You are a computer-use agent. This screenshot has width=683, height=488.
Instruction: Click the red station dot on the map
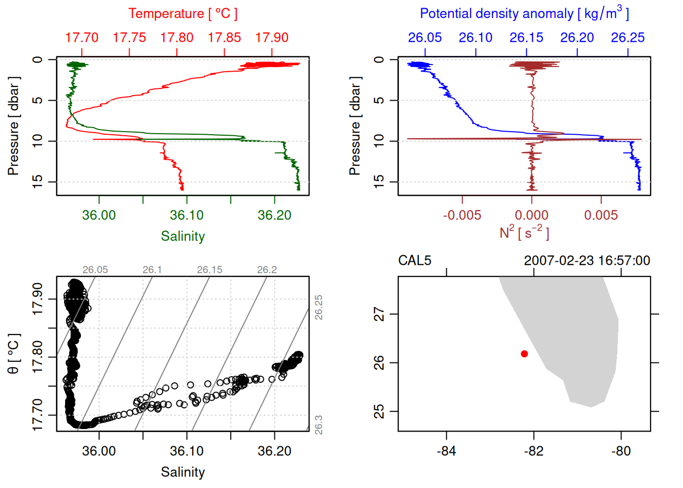[524, 354]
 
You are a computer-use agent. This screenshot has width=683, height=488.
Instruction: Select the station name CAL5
[415, 261]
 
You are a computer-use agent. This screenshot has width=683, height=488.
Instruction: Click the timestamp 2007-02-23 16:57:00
[587, 261]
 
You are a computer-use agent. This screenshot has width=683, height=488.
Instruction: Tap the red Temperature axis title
[183, 14]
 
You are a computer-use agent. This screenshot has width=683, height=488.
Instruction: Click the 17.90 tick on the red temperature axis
[272, 38]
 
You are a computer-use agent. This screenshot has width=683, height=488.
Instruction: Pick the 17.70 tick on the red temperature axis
[82, 38]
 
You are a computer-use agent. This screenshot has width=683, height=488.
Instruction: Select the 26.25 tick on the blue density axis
[628, 38]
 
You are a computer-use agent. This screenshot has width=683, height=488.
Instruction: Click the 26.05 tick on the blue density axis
[425, 38]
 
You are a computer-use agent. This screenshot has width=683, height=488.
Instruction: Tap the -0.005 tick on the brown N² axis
[462, 215]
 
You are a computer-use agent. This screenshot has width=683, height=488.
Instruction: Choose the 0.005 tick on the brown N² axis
[601, 215]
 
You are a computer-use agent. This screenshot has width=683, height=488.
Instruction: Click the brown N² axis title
[524, 233]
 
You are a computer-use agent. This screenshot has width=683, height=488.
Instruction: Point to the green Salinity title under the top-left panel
[183, 236]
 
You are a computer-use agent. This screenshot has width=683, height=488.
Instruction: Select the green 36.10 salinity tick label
[187, 215]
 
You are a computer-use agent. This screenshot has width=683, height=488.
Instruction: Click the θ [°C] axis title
[14, 354]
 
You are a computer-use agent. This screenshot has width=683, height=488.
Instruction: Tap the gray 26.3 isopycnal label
[319, 425]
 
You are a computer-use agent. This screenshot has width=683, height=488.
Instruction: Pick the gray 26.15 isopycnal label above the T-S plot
[210, 270]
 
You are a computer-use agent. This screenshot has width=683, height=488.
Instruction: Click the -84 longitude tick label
[446, 451]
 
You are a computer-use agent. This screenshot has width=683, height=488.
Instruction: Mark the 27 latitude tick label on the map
[380, 314]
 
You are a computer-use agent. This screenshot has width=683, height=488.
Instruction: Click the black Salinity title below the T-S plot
[183, 472]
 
